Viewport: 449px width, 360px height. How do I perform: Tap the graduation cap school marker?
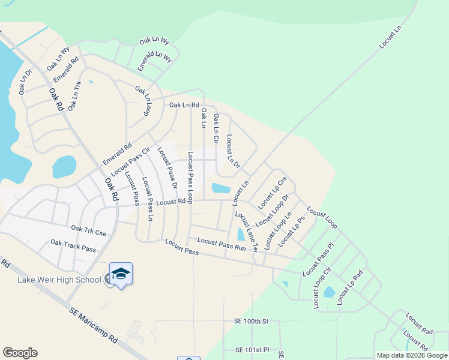click(x=121, y=274)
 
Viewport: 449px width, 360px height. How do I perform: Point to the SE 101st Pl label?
click(x=252, y=350)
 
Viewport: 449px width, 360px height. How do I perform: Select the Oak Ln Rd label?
click(x=184, y=105)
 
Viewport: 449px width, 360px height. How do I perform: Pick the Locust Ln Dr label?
click(x=233, y=151)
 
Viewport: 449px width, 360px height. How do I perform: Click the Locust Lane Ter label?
click(x=246, y=231)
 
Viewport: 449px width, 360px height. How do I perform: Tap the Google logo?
click(x=20, y=353)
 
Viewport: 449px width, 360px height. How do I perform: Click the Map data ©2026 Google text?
click(x=411, y=355)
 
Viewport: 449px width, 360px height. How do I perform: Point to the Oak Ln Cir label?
click(x=216, y=128)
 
